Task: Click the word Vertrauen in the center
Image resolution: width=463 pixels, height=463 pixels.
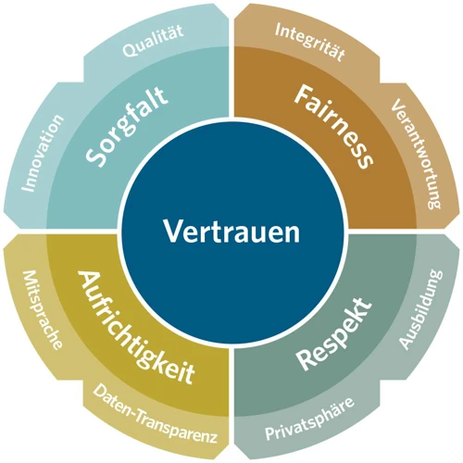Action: coord(231,231)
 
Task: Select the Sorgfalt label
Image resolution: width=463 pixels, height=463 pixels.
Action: coord(127,127)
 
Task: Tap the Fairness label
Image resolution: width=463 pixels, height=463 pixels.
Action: coord(333,127)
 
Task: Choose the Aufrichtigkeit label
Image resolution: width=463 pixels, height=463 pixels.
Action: coord(136,327)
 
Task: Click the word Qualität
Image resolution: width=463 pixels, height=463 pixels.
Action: coord(153,41)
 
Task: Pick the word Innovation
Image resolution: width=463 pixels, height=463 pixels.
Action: coord(43,153)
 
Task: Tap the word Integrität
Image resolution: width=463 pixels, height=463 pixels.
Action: coord(310,42)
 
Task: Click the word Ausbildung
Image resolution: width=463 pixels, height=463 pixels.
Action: coord(421,309)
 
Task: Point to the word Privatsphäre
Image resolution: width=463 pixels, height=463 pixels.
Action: coord(309,419)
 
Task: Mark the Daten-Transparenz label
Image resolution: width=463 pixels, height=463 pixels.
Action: coord(155,414)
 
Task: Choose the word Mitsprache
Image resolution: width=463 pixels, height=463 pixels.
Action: coord(43,310)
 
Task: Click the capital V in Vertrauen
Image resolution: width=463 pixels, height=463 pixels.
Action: coord(172,231)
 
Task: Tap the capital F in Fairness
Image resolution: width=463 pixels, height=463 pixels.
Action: coord(304,95)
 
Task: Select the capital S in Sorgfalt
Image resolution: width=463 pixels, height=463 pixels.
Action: coord(94,156)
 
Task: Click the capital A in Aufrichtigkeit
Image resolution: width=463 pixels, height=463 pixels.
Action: coord(87,280)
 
